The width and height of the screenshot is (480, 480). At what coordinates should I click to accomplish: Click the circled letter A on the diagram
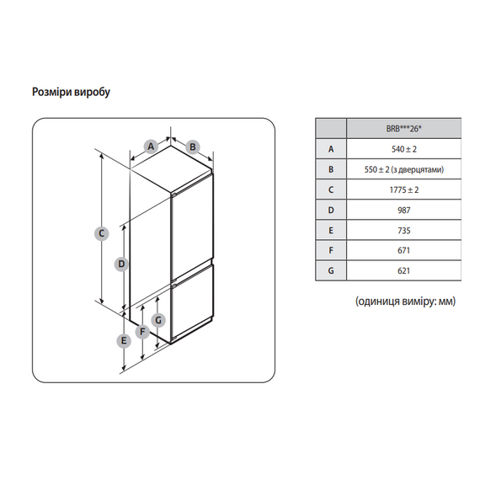(151, 147)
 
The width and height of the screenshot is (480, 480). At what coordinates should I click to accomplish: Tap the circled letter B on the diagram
(193, 147)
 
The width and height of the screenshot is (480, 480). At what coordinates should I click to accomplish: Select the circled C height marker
(102, 233)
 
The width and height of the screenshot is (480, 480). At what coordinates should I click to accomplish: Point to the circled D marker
(121, 264)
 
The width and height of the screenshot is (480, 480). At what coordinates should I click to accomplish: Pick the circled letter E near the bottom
(124, 341)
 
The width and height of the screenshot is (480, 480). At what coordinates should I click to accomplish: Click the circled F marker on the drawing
(142, 332)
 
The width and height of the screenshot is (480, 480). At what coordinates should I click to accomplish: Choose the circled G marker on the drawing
(158, 321)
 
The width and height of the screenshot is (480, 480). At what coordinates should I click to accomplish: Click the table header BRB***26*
(403, 129)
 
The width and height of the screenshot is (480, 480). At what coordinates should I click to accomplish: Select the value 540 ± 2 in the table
(404, 149)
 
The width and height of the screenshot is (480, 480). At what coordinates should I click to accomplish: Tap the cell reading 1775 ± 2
(404, 189)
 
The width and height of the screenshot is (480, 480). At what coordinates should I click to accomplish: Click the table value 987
(404, 211)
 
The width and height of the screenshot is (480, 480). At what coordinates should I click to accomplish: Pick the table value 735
(404, 231)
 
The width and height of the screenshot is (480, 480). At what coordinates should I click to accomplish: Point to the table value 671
(404, 251)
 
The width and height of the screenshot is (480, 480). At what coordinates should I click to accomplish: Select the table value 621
(404, 271)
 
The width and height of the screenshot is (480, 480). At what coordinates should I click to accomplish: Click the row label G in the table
(331, 271)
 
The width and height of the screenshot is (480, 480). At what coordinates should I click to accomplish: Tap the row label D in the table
(331, 211)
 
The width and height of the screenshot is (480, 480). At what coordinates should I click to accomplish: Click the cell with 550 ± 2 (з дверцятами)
(404, 169)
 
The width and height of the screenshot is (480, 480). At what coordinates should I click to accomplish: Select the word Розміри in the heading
(51, 92)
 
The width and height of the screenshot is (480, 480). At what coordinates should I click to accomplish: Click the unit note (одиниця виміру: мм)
(405, 301)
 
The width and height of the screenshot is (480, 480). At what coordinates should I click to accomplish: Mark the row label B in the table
(331, 169)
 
